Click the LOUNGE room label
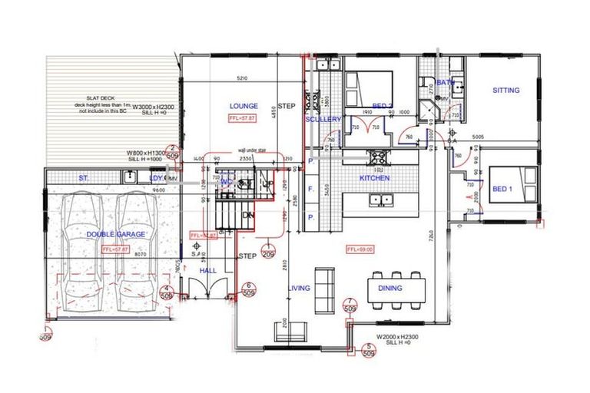pyautogui.click(x=244, y=106)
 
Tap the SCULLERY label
pyautogui.click(x=323, y=120)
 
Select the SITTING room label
pyautogui.click(x=505, y=91)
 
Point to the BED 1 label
pyautogui.click(x=502, y=190)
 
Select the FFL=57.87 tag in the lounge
pyautogui.click(x=243, y=119)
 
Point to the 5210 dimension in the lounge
pyautogui.click(x=241, y=79)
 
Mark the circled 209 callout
pyautogui.click(x=269, y=255)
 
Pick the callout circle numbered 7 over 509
pyautogui.click(x=350, y=305)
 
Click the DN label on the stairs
pyautogui.click(x=247, y=216)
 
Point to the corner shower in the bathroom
pyautogui.click(x=429, y=112)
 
